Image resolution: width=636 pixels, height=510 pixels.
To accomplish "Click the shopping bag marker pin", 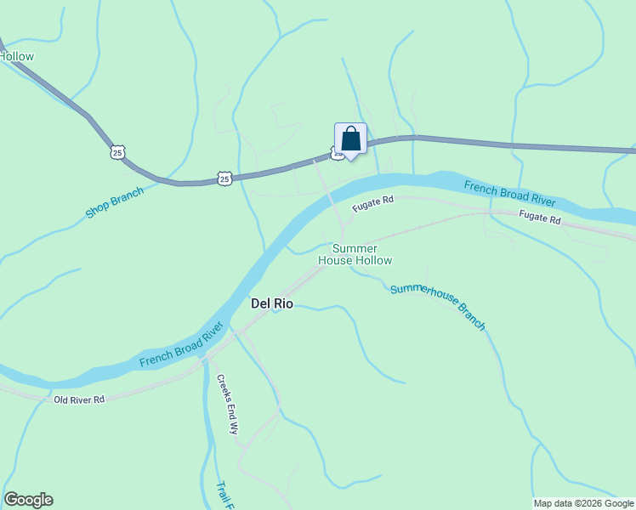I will point(350,139).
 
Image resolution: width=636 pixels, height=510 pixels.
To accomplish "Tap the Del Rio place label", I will point(272,303).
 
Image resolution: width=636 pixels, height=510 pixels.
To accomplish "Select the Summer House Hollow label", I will point(355,254).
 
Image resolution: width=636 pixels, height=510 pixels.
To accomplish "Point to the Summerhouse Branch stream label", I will point(438,306).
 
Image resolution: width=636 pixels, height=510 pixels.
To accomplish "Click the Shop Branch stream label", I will point(115,202).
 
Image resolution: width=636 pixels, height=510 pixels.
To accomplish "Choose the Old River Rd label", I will point(78,399).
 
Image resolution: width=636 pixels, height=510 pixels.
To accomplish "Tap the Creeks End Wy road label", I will point(227,405).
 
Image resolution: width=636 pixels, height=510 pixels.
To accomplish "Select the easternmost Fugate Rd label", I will point(540,219).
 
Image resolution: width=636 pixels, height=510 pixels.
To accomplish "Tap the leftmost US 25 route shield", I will point(117,152).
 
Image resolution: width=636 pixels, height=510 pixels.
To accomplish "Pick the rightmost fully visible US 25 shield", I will point(224,178).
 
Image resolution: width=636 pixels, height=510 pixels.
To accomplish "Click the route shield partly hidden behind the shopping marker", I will point(338,154).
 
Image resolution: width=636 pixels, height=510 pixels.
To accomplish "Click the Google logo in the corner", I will point(28,500).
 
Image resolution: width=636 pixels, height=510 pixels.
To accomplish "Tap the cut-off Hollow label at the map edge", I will point(17,57).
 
